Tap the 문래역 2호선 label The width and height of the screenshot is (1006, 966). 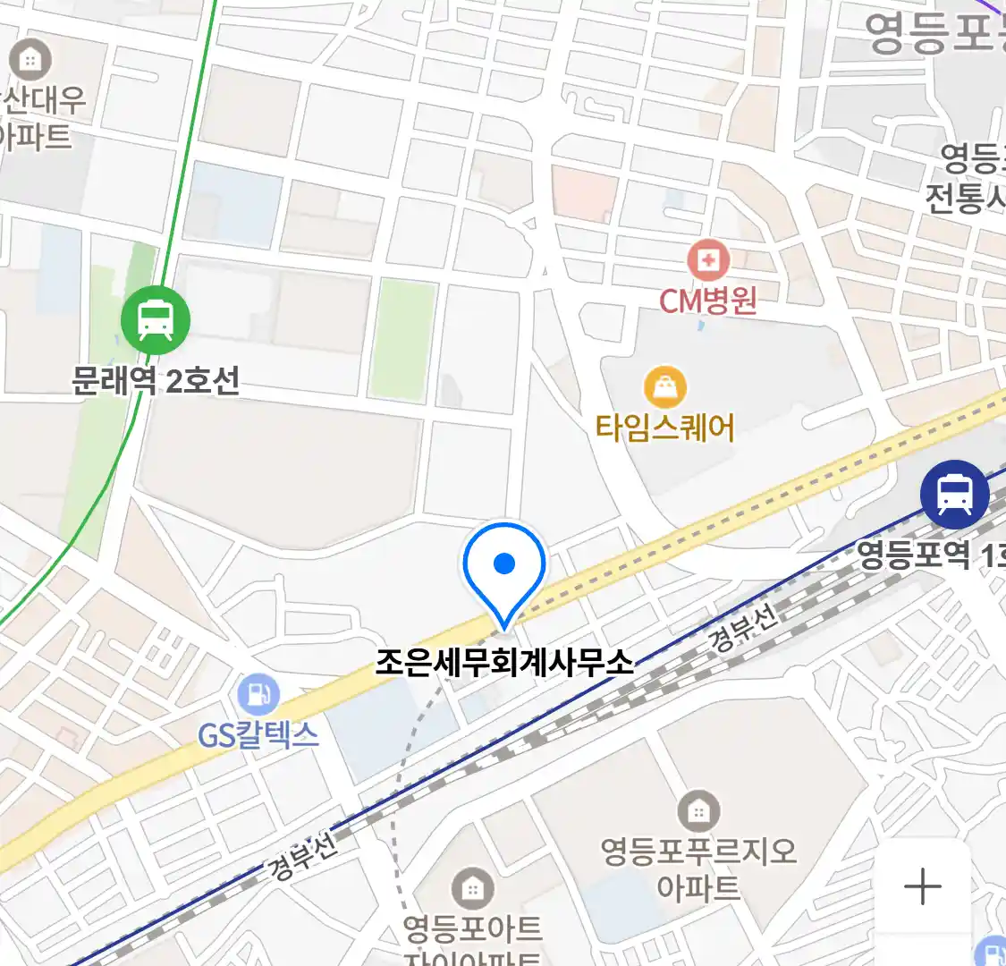click(156, 381)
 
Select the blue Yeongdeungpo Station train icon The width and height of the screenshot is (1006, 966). click(954, 494)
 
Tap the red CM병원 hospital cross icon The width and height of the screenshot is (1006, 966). click(707, 260)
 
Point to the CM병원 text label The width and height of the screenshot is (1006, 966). click(707, 301)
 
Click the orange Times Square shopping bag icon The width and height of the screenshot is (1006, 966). click(665, 388)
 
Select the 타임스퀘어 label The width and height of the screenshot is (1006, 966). click(665, 428)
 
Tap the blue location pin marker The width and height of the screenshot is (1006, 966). click(504, 565)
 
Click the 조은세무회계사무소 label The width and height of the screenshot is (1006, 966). click(504, 663)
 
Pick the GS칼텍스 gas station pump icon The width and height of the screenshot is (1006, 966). click(258, 694)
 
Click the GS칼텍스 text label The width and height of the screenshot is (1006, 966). click(258, 735)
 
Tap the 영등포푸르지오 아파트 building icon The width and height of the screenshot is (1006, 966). click(698, 811)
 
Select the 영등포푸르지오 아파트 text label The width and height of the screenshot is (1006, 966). click(698, 868)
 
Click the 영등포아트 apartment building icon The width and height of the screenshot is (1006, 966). click(472, 888)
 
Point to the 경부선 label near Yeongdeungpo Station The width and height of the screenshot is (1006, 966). click(742, 627)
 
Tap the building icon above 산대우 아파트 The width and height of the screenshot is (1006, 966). click(30, 60)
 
